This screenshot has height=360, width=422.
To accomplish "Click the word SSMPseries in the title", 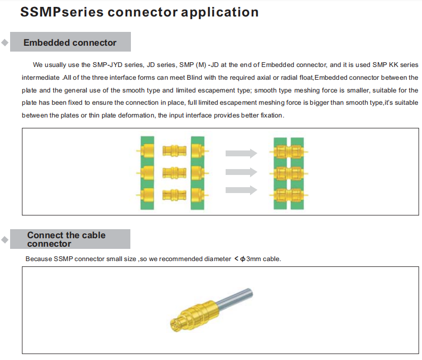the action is click(x=62, y=12).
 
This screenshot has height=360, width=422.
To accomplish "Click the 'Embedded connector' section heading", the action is click(x=70, y=43).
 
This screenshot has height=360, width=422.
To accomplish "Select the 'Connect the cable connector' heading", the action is click(x=66, y=239).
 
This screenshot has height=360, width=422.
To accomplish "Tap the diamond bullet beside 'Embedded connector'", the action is click(x=5, y=43).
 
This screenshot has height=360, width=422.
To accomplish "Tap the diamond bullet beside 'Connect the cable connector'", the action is click(x=5, y=239).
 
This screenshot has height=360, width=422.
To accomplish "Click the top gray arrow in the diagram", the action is click(x=241, y=153).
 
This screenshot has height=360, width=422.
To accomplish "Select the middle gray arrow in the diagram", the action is click(x=241, y=172).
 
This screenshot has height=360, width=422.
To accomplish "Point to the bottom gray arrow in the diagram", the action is click(x=241, y=190).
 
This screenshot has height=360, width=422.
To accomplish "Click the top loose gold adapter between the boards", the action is click(x=175, y=151).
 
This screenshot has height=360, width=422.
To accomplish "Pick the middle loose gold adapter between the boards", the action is click(x=175, y=173).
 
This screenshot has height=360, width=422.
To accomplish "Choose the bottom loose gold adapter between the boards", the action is click(x=175, y=195).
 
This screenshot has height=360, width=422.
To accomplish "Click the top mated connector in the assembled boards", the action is click(x=288, y=152).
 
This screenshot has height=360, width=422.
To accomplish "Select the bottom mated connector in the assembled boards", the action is click(x=288, y=195).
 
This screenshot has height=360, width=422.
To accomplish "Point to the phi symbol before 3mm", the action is click(x=243, y=259).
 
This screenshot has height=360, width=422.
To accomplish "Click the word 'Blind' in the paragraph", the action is click(x=194, y=78).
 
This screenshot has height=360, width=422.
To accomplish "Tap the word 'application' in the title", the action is click(x=220, y=13).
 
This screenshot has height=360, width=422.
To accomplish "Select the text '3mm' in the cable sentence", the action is click(x=253, y=259).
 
